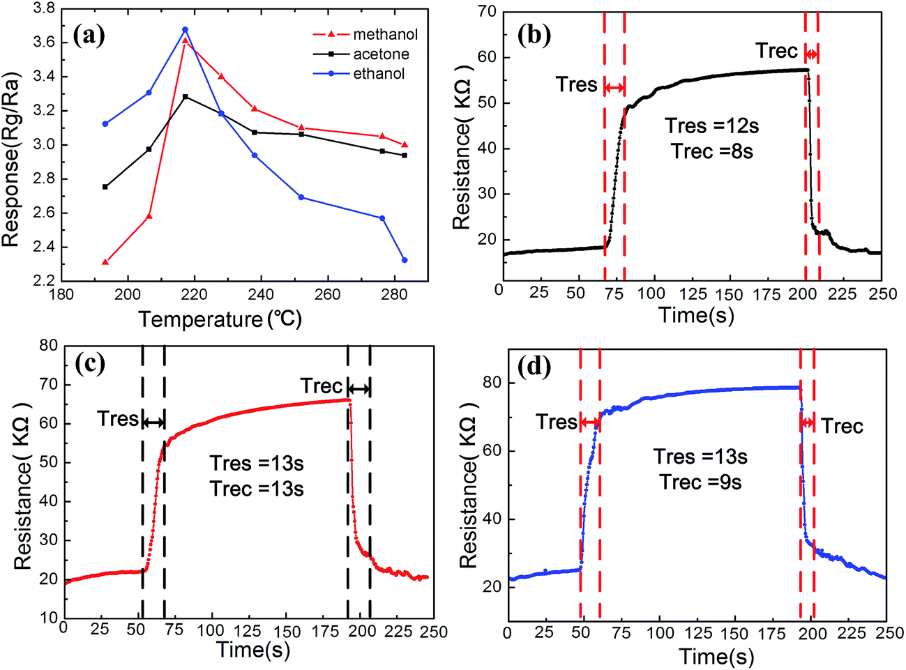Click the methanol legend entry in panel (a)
pos(384,34)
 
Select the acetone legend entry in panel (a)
pos(381,54)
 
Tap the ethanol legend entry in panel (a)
pos(379,74)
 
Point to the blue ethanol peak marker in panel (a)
pos(185,30)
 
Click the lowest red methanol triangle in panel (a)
pos(105,262)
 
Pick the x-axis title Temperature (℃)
pos(220,319)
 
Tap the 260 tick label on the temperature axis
pos(327,294)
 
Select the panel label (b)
pos(535,33)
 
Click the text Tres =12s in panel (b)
pos(711,126)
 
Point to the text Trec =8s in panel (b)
pos(712,151)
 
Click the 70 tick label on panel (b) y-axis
pos(488,12)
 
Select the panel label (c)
pos(90,363)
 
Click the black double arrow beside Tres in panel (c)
pos(153,422)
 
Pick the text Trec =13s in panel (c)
pos(257,489)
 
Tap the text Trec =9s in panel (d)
pos(700,482)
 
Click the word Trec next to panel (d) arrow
pos(842,426)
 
